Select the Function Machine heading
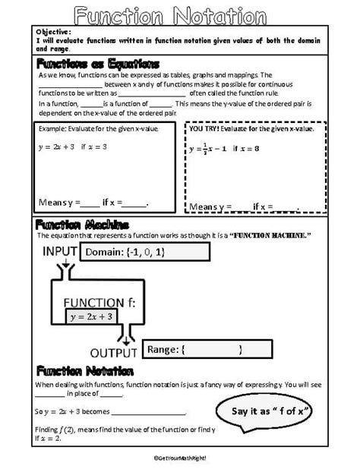click(83, 225)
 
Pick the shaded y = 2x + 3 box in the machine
click(93, 316)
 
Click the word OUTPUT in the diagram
click(114, 352)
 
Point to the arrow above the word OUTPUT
click(125, 334)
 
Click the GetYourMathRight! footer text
click(180, 458)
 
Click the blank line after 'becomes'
click(149, 414)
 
